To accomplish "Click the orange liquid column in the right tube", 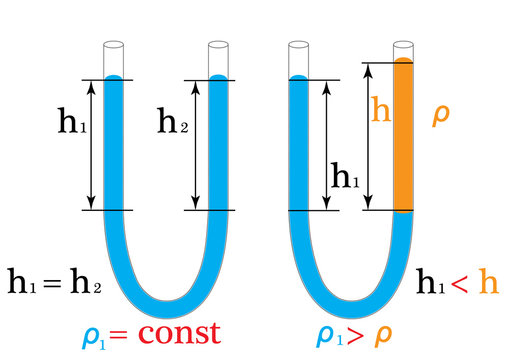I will coord(403,135).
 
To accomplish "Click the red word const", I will coord(180,332).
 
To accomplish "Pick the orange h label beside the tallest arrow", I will coord(380,109).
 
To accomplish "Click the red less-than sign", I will coord(459,283).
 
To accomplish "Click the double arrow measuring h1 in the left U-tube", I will coord(92,144).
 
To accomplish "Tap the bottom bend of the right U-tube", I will coord(351,296).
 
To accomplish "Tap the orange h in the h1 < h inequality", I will coord(487,282).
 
